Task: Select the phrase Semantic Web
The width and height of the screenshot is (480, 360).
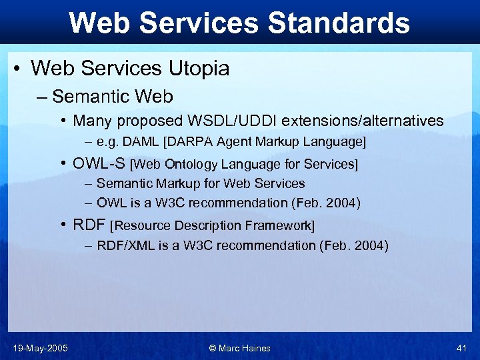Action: click(113, 97)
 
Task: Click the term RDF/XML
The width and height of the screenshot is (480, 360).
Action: click(125, 245)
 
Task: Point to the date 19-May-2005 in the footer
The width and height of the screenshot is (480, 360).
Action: click(40, 348)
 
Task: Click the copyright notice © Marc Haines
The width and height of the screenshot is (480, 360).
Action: click(239, 348)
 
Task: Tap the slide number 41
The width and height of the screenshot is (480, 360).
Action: click(461, 348)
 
